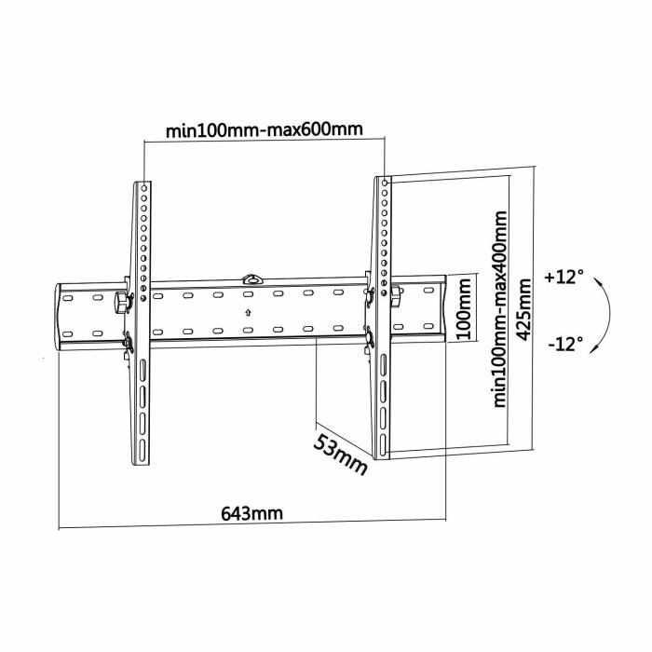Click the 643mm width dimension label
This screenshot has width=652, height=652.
(x=251, y=513)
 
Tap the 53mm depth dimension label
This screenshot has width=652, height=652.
(x=339, y=453)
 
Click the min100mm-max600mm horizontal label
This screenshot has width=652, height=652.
(x=265, y=129)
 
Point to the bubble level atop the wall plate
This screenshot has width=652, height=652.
(x=251, y=278)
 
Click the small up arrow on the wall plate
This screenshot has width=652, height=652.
(x=248, y=312)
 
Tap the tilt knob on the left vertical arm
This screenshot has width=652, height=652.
(x=119, y=302)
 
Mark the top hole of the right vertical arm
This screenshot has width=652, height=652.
(x=383, y=183)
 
